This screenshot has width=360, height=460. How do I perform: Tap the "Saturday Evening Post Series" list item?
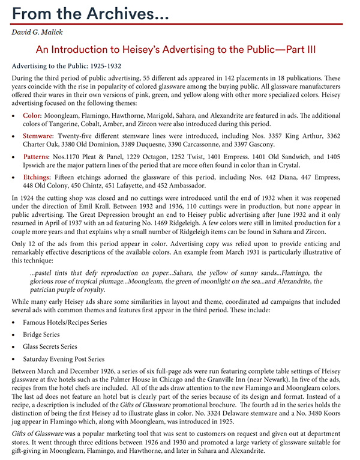click(x=64, y=359)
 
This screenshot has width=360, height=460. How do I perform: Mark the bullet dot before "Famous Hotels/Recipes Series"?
click(x=14, y=322)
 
